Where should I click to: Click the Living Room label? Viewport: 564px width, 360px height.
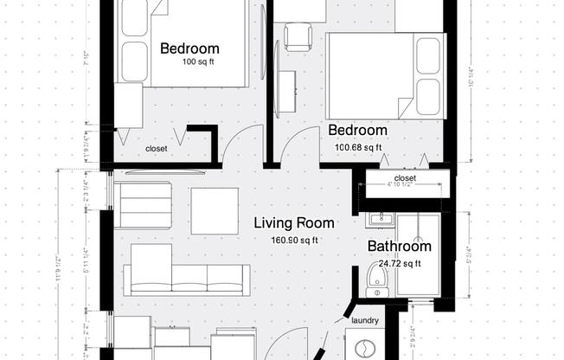pos(293,223)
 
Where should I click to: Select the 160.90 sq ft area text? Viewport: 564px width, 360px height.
pos(295,241)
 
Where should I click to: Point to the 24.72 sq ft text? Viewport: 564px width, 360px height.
pos(400,264)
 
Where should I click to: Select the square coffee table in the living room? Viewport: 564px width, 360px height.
pos(215,210)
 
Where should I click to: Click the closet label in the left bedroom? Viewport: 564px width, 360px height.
pos(157,149)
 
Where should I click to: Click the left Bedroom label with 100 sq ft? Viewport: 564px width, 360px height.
pos(189,48)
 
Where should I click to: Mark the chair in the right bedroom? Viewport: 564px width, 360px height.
pos(298,35)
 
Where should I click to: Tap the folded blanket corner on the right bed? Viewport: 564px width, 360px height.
pos(404,108)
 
